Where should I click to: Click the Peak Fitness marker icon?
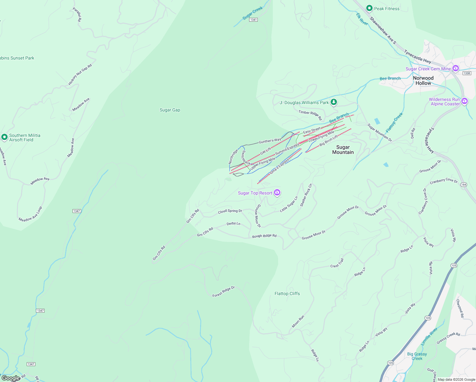[x=369, y=8]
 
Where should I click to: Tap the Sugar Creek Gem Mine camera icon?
[x=456, y=68]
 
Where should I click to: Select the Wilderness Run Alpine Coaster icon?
[x=465, y=101]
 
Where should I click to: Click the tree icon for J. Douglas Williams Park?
[x=333, y=102]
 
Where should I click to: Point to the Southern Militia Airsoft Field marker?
[x=4, y=137]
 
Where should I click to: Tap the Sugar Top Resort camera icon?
[x=277, y=193]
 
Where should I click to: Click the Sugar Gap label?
[x=170, y=110]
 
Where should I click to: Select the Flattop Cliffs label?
[x=287, y=294]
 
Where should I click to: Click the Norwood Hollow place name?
[x=423, y=80]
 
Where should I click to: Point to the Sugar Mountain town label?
[x=343, y=150]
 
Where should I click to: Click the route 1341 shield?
[x=253, y=20]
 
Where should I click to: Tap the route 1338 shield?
[x=466, y=73]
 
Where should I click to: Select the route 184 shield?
[x=464, y=185]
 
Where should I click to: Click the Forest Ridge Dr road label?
[x=223, y=292]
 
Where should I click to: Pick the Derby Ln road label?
[x=233, y=224]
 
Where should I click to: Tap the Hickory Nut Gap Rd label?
[x=80, y=74]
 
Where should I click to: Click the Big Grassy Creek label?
[x=417, y=356]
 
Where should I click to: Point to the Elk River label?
[x=362, y=19]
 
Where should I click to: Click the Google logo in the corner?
[x=10, y=378]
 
